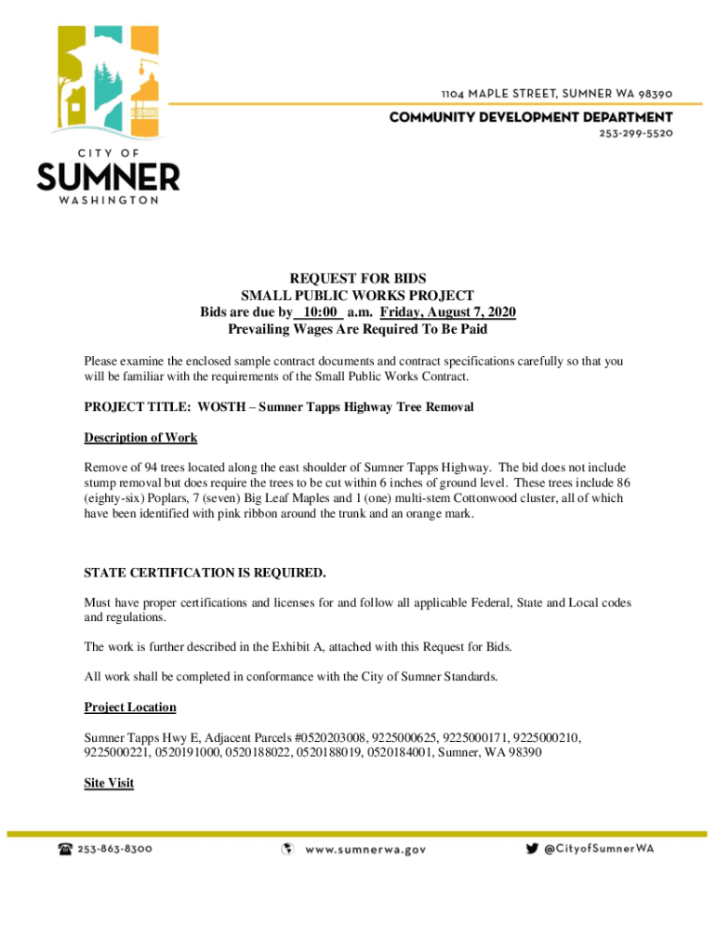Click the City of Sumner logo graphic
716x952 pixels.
(108, 84)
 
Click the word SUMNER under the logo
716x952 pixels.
(108, 177)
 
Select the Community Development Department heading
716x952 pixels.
(530, 117)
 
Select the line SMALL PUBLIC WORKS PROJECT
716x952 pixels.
(357, 296)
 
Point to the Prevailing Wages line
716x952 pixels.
(357, 329)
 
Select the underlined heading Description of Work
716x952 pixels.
(140, 438)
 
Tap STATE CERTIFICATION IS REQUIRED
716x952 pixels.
(205, 572)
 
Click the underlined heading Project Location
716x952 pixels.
(130, 707)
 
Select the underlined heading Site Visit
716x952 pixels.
(109, 783)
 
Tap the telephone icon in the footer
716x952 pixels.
(65, 848)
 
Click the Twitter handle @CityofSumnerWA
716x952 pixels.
(599, 848)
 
